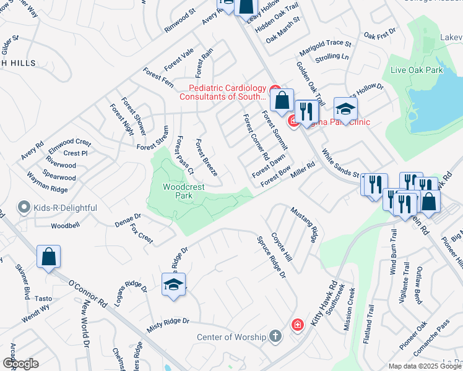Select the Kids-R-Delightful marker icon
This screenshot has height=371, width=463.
click(24, 207)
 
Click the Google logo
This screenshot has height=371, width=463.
click(20, 364)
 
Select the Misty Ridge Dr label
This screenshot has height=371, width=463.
click(167, 325)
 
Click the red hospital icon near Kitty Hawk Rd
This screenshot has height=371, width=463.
click(298, 325)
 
